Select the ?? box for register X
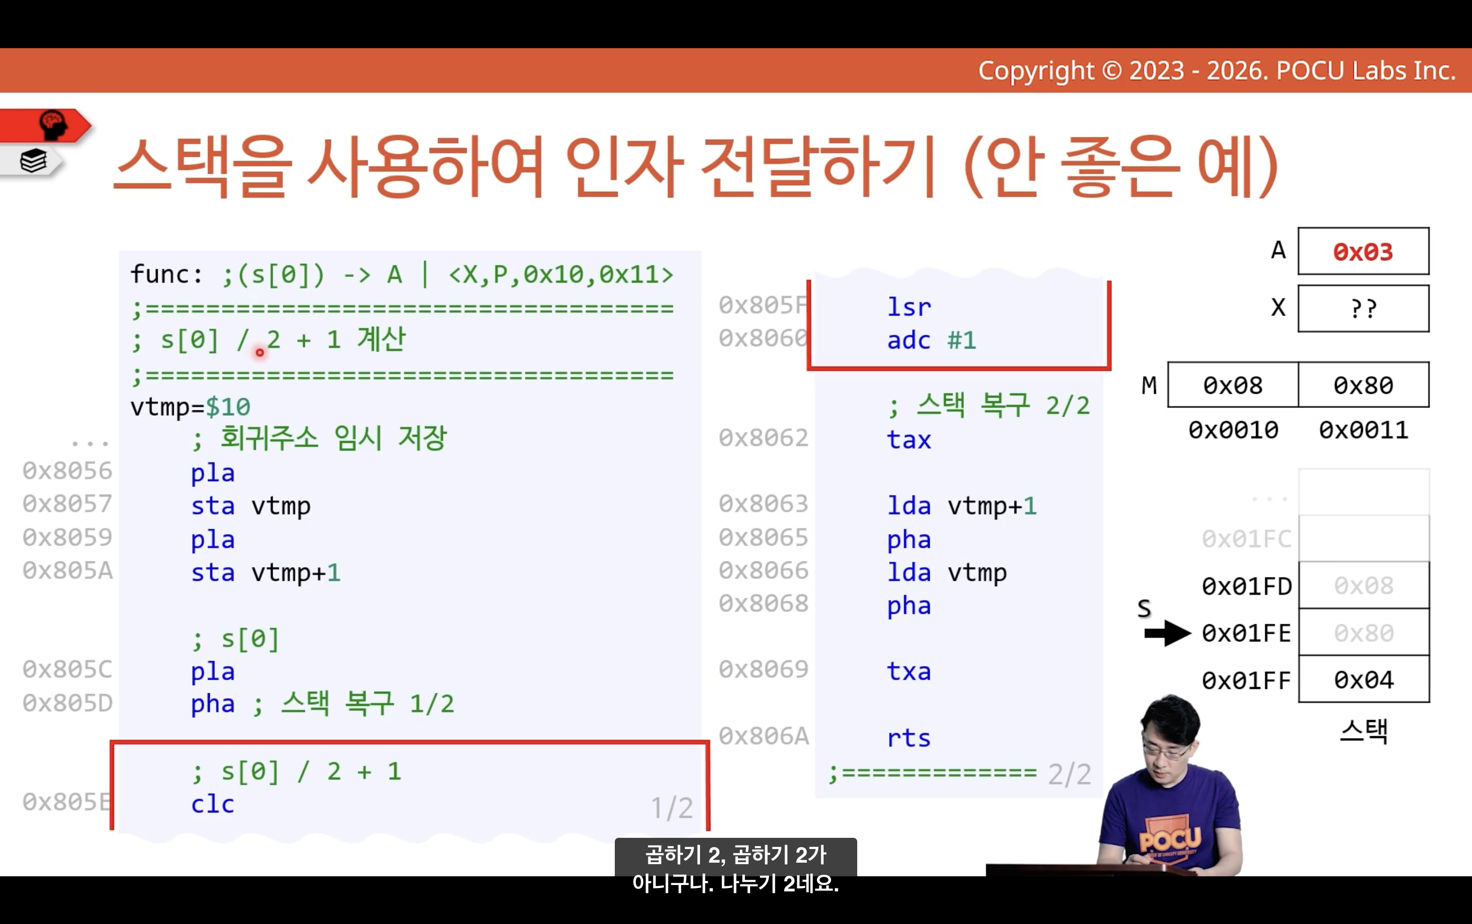tap(1363, 309)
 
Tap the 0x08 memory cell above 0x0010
tap(1233, 385)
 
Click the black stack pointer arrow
tap(1168, 633)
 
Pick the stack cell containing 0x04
tap(1364, 680)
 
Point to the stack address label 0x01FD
tap(1247, 587)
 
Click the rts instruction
tap(909, 738)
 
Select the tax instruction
tap(909, 440)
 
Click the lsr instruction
tap(909, 307)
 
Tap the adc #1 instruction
tap(932, 340)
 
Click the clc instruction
tap(212, 804)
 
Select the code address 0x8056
tap(67, 471)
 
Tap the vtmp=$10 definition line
tap(190, 407)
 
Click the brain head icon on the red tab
tap(53, 125)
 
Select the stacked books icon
tap(33, 161)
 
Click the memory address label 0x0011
tap(1363, 430)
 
